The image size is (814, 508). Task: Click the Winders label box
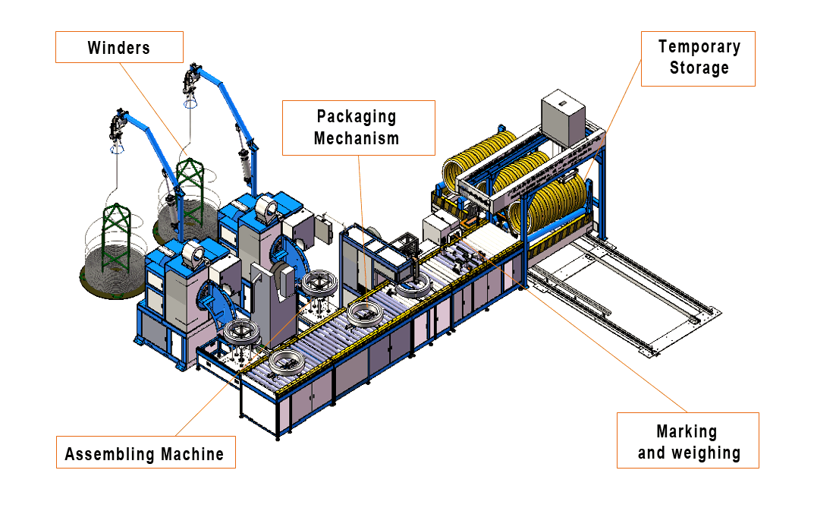click(x=119, y=47)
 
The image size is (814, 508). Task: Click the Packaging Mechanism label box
click(x=357, y=128)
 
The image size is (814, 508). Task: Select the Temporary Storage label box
click(x=698, y=58)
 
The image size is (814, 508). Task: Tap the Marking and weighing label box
click(x=687, y=441)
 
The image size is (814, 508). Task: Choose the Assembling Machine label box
click(x=145, y=454)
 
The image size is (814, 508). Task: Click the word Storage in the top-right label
click(x=699, y=68)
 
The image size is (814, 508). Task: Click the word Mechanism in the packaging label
click(x=357, y=138)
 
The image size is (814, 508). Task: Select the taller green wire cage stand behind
click(x=189, y=186)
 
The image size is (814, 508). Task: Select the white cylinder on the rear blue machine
click(x=267, y=206)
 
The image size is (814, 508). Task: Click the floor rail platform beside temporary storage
click(x=622, y=296)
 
